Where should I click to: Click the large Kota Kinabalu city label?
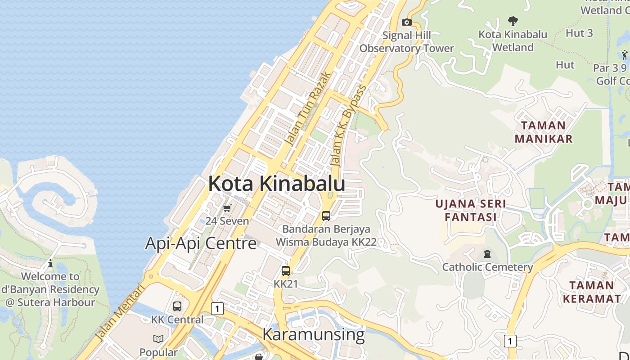[276, 184]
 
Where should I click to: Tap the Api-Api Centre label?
[201, 243]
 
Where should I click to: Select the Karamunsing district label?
[313, 334]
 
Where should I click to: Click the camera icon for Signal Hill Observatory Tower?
[407, 22]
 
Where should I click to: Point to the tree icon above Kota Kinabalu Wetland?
[513, 21]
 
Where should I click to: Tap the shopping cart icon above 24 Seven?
[227, 208]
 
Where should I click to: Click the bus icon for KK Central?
[177, 306]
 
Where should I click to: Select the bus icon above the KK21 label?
[286, 271]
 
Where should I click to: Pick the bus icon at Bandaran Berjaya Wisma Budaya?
[326, 216]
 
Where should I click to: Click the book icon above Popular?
[158, 339]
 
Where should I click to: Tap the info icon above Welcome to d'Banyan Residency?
[50, 263]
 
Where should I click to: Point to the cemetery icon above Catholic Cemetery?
[487, 254]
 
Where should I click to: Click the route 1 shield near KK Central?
[217, 309]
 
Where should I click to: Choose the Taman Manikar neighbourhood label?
[544, 132]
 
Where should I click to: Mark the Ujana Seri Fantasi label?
[470, 211]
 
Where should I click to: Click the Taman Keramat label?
[591, 292]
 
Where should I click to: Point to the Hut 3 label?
[579, 33]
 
